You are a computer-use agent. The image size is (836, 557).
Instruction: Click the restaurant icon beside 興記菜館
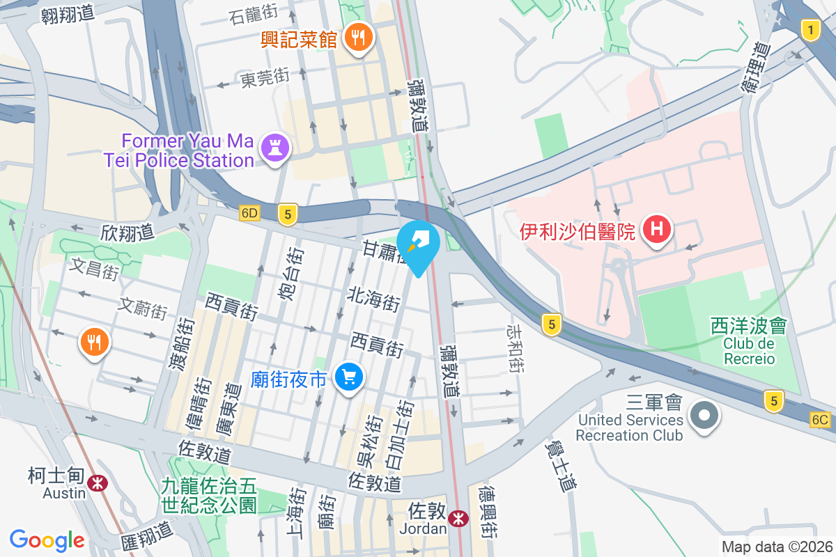coord(359,38)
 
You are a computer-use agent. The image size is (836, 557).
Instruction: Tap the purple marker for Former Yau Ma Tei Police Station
coord(274,148)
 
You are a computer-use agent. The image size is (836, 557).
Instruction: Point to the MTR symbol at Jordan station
coord(458,518)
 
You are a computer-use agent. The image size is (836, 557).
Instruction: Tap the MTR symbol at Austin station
coord(98,482)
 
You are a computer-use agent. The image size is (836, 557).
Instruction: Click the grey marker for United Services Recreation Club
coord(704,416)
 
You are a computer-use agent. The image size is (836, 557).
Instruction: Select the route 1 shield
coord(810,30)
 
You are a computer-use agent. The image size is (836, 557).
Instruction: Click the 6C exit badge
coord(821,419)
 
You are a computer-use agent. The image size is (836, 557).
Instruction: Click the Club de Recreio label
coord(749,351)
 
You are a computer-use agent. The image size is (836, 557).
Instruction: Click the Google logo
coord(47,540)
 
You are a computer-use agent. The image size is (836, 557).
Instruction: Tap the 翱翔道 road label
coord(68,15)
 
